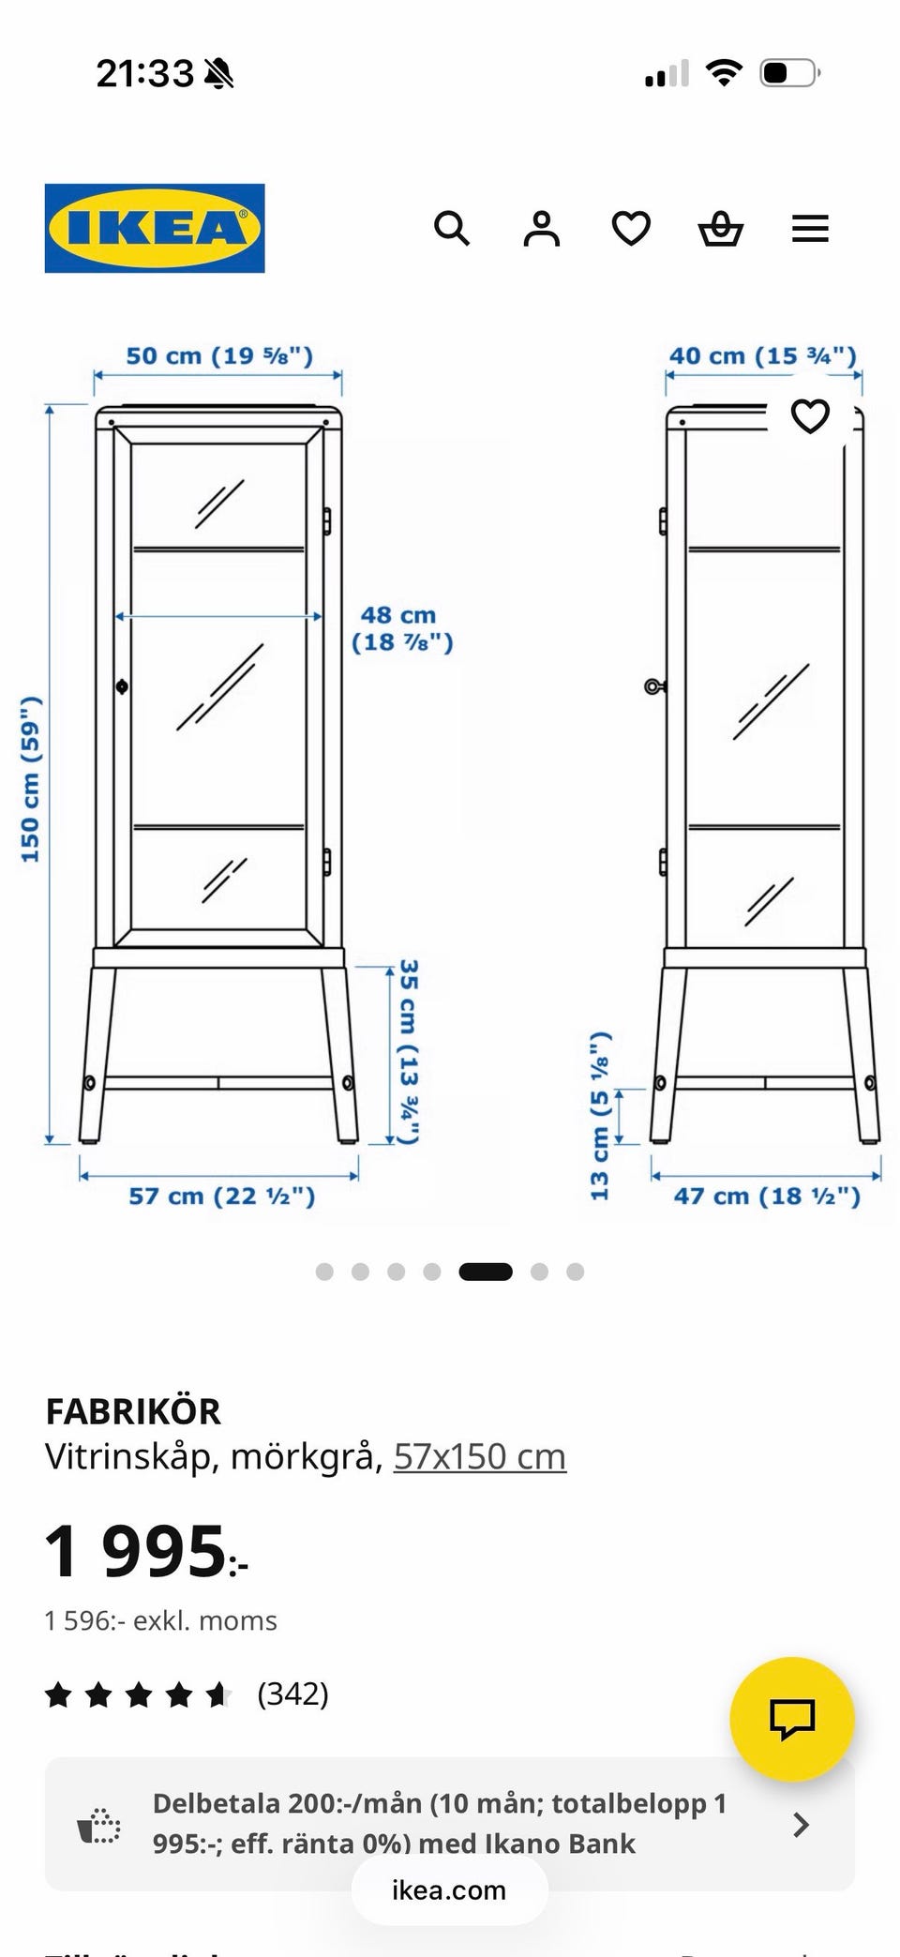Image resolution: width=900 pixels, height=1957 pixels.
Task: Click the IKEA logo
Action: pyautogui.click(x=155, y=228)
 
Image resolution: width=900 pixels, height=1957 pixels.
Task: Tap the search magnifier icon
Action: pyautogui.click(x=452, y=228)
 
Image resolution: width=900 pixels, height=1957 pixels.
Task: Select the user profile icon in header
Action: pyautogui.click(x=541, y=228)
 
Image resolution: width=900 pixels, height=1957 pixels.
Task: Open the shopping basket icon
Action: pyautogui.click(x=721, y=228)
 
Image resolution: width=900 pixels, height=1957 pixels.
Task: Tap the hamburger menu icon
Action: pyautogui.click(x=810, y=228)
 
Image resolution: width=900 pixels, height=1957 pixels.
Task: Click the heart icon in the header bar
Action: pyautogui.click(x=631, y=228)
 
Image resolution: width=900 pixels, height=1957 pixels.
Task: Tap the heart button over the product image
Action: pyautogui.click(x=810, y=415)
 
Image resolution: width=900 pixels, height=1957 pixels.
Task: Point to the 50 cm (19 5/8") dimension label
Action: pyautogui.click(x=219, y=356)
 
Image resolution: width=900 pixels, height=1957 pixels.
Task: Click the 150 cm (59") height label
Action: pyautogui.click(x=31, y=779)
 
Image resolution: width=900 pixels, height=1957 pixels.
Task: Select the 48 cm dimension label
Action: pyautogui.click(x=402, y=628)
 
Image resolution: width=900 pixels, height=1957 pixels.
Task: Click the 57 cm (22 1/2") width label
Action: pyautogui.click(x=222, y=1196)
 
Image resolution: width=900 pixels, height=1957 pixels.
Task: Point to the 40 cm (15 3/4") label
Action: pyautogui.click(x=763, y=356)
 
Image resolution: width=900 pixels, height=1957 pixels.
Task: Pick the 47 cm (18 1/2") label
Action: pyautogui.click(x=767, y=1196)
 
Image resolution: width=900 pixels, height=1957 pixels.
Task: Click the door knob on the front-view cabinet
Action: pyautogui.click(x=122, y=686)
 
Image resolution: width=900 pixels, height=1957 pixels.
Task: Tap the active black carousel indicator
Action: pyautogui.click(x=486, y=1272)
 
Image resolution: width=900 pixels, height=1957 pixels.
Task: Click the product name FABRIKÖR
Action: pyautogui.click(x=133, y=1411)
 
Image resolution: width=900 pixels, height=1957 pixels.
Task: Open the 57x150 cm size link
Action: pyautogui.click(x=480, y=1456)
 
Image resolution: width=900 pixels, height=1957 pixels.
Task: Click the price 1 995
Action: pyautogui.click(x=146, y=1551)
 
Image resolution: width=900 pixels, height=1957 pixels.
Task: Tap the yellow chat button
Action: pyautogui.click(x=792, y=1719)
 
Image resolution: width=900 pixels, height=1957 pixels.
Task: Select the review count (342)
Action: pyautogui.click(x=293, y=1694)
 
